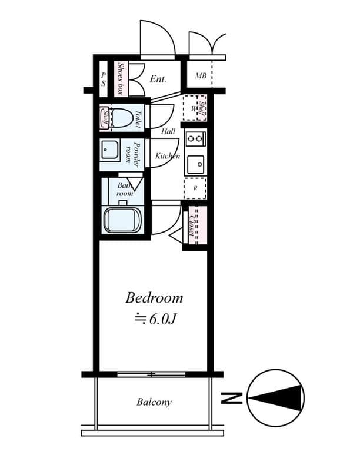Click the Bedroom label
click(x=154, y=298)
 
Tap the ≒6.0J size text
click(x=155, y=319)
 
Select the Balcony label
click(x=154, y=402)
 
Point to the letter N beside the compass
click(x=231, y=398)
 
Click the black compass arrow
click(x=276, y=399)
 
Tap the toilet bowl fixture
click(x=122, y=118)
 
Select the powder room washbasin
click(x=110, y=149)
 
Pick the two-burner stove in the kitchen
click(x=195, y=138)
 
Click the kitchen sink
click(x=195, y=165)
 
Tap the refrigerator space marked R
click(x=195, y=188)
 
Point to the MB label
click(x=201, y=76)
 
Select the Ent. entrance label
click(x=158, y=79)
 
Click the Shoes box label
click(x=121, y=79)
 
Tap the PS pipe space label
click(x=103, y=79)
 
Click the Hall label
click(x=168, y=131)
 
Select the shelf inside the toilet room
click(x=105, y=118)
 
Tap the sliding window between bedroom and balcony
click(x=151, y=374)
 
